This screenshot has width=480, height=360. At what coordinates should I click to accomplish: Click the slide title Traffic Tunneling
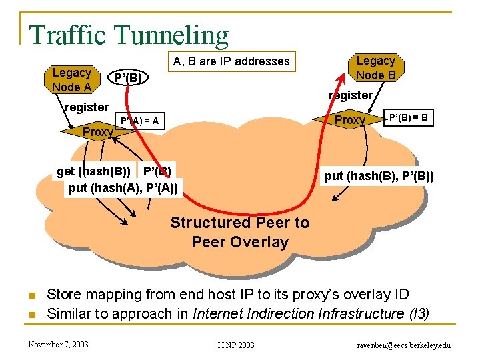pos(129,35)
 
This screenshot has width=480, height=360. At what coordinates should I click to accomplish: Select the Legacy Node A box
pos(71,80)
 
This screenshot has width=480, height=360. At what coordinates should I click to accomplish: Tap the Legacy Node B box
pos(375,68)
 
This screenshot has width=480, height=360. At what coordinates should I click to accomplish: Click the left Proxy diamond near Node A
pos(97,132)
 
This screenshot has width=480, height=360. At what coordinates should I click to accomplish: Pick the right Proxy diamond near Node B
pos(349,120)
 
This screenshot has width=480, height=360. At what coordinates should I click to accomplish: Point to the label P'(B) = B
pos(409,118)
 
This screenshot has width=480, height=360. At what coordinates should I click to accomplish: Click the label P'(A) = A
pos(139,121)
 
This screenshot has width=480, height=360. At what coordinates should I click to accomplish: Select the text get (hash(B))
pos(94,171)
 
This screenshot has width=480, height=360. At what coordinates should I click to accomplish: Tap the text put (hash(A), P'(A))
pos(123,188)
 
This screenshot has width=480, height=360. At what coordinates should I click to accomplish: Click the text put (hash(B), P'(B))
pos(379,176)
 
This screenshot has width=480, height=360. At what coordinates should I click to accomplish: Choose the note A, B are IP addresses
pos(231,62)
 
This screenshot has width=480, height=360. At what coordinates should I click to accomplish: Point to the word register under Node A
pos(86,107)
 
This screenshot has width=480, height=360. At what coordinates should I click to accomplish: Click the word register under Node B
pos(350,95)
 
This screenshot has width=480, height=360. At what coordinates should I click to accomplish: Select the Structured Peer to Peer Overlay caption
pos(239,232)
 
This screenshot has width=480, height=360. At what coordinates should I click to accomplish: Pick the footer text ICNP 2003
pos(236,345)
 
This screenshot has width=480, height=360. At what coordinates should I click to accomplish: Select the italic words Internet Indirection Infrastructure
pos(291,313)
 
